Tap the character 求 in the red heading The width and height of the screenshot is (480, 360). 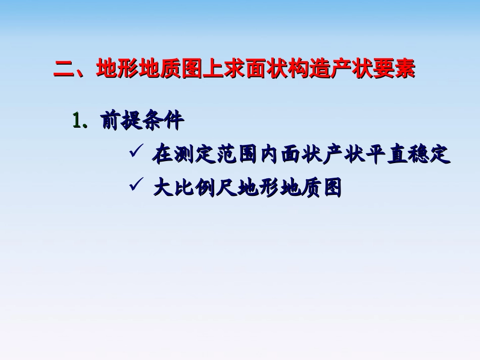(234, 69)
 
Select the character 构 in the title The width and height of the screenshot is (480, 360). (299, 69)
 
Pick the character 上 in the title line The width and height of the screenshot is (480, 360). (213, 69)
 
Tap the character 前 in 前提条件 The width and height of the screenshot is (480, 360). (112, 122)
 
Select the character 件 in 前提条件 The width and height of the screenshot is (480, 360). (174, 122)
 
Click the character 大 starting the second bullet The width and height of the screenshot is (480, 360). (162, 188)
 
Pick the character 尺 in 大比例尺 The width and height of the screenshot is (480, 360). (226, 188)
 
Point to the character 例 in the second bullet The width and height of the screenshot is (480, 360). (205, 188)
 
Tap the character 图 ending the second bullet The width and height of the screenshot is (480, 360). (331, 188)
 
